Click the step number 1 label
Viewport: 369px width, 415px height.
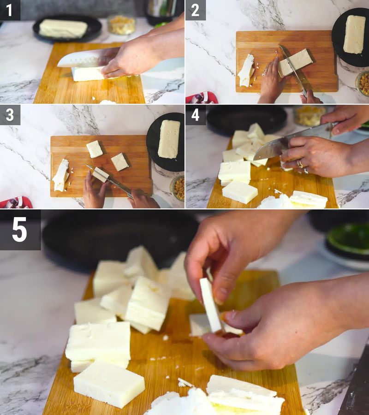click(10, 10)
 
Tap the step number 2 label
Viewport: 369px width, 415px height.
click(195, 10)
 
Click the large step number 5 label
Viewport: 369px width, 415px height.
click(20, 230)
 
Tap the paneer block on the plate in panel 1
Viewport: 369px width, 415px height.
click(63, 29)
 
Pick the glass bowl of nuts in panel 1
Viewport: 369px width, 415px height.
click(121, 25)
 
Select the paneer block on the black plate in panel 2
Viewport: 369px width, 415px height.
click(354, 34)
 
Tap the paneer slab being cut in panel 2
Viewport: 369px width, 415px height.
click(295, 62)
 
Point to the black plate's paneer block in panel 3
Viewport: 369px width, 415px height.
click(169, 139)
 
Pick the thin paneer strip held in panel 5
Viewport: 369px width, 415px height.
click(211, 304)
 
